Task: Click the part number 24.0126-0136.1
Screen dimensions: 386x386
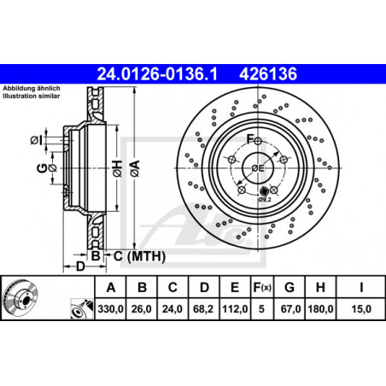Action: [x=157, y=74]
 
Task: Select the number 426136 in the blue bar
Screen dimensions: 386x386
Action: [x=268, y=74]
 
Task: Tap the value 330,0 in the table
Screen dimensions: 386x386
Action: [x=110, y=309]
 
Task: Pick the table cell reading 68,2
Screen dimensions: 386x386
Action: [x=203, y=309]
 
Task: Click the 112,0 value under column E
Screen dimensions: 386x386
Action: [x=235, y=309]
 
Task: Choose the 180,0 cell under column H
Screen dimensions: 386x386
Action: [x=320, y=309]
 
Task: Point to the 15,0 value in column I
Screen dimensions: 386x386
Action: [x=361, y=309]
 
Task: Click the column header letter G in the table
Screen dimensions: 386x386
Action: [x=289, y=288]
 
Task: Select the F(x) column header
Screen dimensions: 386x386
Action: [x=262, y=288]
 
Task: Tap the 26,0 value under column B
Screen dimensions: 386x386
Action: [x=142, y=309]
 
